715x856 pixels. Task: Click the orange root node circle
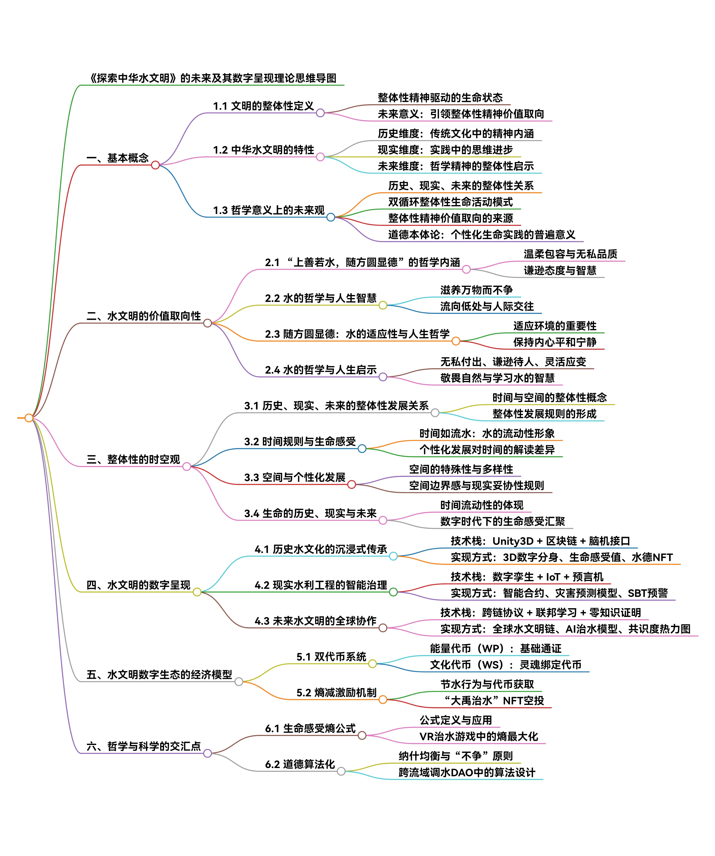[29, 418]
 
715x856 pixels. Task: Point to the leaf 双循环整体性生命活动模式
[450, 202]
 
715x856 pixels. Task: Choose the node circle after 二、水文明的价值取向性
[207, 323]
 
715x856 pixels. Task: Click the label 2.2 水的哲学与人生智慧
[321, 298]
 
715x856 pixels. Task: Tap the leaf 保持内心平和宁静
[554, 342]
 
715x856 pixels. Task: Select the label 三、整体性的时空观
[133, 459]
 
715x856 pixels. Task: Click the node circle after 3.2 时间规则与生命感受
[362, 449]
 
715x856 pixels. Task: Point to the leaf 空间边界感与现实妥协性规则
[476, 485]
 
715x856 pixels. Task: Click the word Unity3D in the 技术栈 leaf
[513, 541]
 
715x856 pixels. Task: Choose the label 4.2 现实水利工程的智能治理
[321, 585]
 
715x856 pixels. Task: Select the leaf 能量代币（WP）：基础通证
[495, 649]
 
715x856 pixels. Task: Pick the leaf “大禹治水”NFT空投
[493, 701]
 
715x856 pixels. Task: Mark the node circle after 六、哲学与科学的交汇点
[207, 753]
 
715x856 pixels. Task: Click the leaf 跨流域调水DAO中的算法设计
[466, 772]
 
